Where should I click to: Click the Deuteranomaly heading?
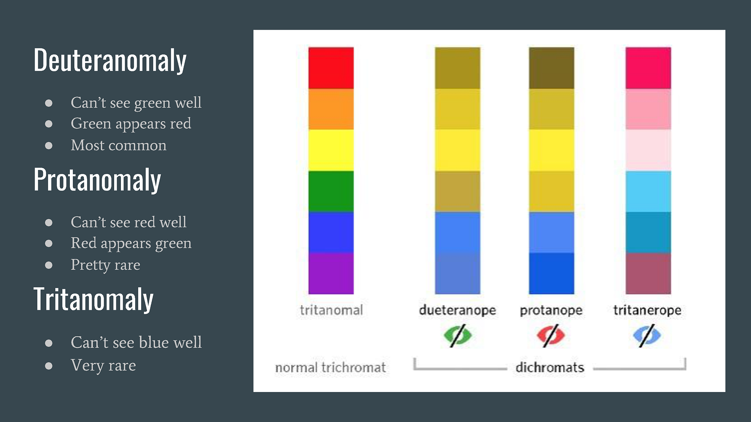(110, 60)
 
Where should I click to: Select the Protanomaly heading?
(97, 180)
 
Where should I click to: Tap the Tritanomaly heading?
(93, 299)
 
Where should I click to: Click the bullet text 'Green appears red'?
(131, 124)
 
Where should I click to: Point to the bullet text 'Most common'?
(118, 145)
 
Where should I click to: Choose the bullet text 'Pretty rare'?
(105, 265)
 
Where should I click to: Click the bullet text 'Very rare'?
(103, 365)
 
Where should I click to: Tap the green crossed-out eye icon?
(457, 335)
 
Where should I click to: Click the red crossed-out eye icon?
(550, 335)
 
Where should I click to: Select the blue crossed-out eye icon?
(647, 335)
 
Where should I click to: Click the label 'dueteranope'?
(457, 310)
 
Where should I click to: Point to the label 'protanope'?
(551, 310)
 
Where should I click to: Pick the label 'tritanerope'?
(647, 310)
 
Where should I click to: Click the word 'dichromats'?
(550, 367)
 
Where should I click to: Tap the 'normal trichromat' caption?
(330, 368)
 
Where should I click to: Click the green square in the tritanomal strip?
(331, 191)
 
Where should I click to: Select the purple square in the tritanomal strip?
(331, 273)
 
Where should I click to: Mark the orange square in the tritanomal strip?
(331, 109)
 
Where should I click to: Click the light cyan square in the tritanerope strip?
(648, 191)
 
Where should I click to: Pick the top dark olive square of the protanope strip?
(551, 68)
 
